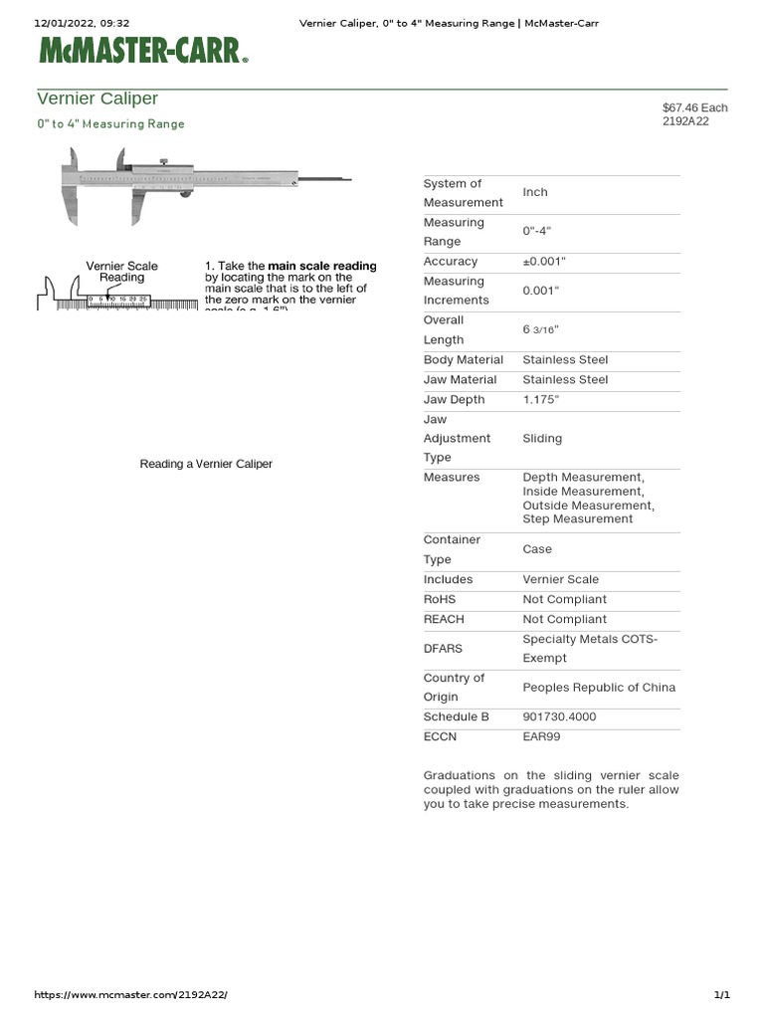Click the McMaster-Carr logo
coord(142,50)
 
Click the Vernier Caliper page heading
coord(97,99)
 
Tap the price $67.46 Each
coord(694,107)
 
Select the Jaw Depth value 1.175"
coord(543,400)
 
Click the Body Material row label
coord(464,360)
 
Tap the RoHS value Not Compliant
coord(564,600)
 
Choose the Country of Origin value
coord(599,688)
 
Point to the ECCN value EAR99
coord(541,737)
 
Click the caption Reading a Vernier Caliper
coord(206,465)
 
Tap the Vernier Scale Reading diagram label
coord(121,272)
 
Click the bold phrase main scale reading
coord(322,267)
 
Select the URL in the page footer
coord(137,995)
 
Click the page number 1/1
coord(721,995)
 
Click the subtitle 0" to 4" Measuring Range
coord(110,124)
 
